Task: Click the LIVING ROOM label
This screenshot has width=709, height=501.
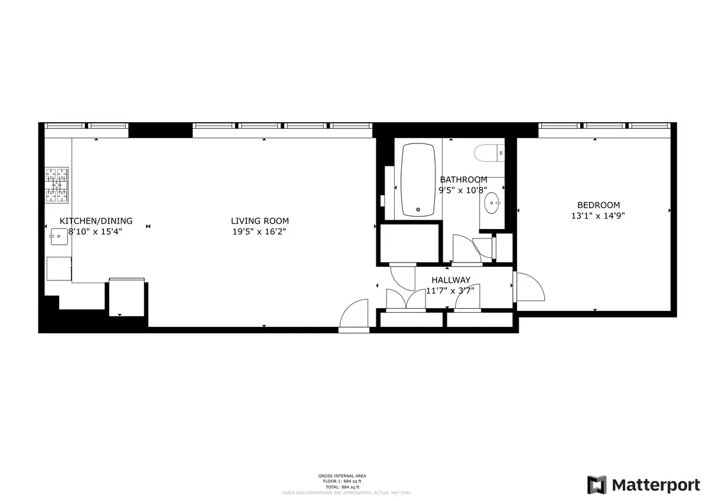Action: (x=260, y=221)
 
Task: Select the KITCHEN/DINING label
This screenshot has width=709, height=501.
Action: (x=96, y=221)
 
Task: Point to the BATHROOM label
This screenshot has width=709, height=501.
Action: (x=464, y=179)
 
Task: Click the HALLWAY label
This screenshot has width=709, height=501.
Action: (x=451, y=280)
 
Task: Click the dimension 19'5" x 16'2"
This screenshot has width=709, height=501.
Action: (x=260, y=232)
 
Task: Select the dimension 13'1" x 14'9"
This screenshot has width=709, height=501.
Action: (x=597, y=215)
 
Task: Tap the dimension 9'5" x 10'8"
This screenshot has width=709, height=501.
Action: (x=463, y=190)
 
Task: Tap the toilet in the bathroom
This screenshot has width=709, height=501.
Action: (x=489, y=153)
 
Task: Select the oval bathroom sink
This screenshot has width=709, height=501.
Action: (x=492, y=204)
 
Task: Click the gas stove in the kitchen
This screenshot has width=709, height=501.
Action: (x=57, y=185)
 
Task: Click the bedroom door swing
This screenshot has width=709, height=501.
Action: (x=531, y=287)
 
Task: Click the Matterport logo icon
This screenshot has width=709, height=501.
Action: (x=597, y=484)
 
